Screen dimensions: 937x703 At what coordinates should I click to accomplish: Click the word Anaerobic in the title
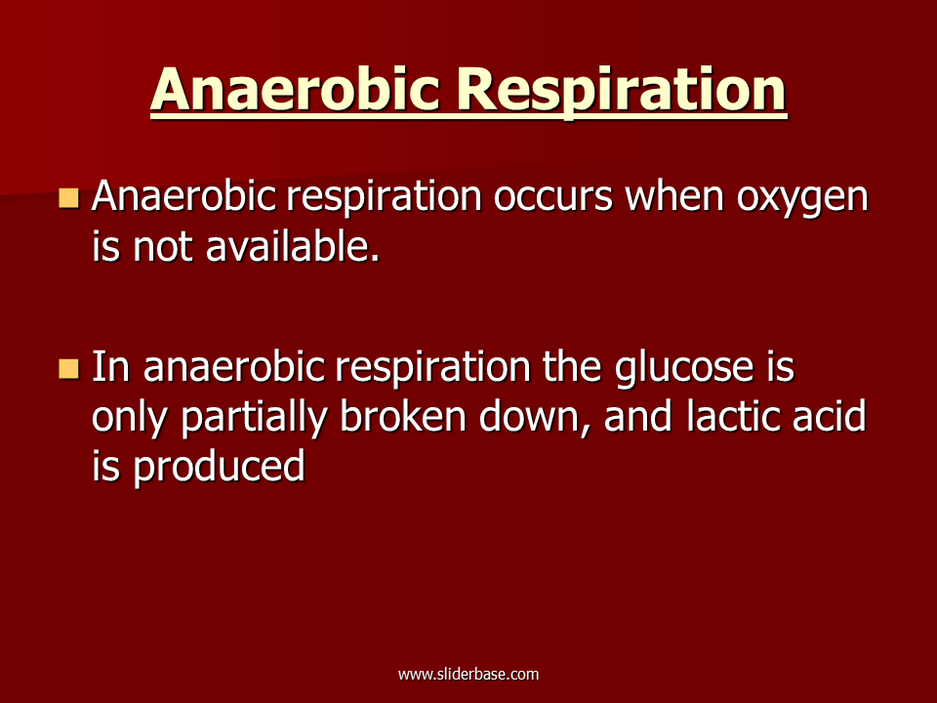[x=295, y=89]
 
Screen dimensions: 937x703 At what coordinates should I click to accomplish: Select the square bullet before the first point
[x=69, y=198]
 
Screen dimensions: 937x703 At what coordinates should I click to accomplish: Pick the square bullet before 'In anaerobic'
[x=69, y=368]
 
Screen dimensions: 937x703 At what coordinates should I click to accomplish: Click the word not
[x=163, y=247]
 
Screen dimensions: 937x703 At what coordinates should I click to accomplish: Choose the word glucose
[x=683, y=369]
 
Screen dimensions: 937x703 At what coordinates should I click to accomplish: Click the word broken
[x=403, y=416]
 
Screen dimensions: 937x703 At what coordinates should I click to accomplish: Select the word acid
[x=830, y=416]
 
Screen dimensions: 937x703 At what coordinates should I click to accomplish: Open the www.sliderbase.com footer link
[x=468, y=675]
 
